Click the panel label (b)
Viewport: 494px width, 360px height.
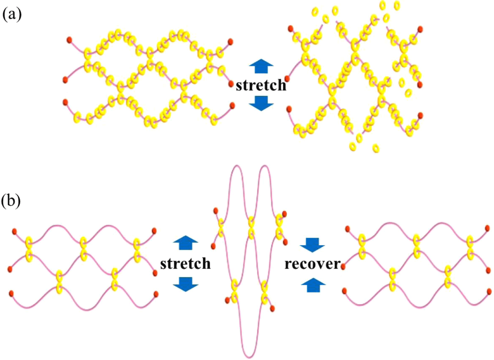tap(11, 201)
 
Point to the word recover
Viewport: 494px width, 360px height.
tap(312, 264)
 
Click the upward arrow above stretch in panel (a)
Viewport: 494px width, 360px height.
tap(261, 66)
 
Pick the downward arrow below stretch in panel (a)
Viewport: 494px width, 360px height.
tap(261, 103)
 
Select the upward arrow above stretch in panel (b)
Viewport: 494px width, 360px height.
tap(185, 243)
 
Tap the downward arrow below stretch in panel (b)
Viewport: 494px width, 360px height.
tap(185, 284)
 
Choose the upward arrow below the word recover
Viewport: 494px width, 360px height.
tap(313, 285)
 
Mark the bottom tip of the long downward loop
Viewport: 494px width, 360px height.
tap(249, 357)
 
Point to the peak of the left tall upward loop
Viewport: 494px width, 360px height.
tap(237, 166)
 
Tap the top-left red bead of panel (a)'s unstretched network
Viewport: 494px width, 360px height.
tap(69, 40)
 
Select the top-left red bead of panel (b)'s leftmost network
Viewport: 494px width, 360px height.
tap(15, 232)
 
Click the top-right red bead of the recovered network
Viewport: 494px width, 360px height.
tap(487, 228)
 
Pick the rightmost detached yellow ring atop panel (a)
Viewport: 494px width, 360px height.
tap(397, 6)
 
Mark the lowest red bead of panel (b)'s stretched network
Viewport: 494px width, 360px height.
tap(272, 309)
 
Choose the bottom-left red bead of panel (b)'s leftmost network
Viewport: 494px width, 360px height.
tap(11, 293)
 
